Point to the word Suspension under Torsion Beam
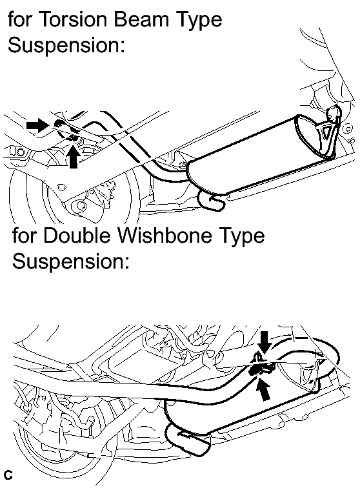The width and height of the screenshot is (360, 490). click(66, 45)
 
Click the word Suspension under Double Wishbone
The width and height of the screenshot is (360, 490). click(70, 261)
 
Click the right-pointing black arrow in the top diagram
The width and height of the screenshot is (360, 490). click(38, 125)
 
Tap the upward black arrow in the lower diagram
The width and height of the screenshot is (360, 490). click(264, 389)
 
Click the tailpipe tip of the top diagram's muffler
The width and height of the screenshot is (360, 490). click(212, 201)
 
